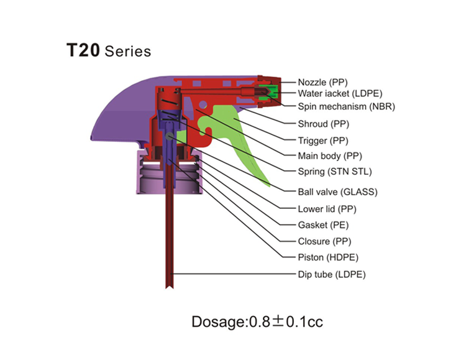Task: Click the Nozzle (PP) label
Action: (322, 82)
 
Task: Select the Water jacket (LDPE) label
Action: (340, 93)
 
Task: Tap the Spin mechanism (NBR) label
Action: (347, 106)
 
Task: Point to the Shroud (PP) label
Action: (323, 124)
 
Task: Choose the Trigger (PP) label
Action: (323, 141)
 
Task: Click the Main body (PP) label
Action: (330, 156)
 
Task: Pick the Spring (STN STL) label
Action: (335, 172)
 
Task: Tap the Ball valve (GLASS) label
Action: (337, 192)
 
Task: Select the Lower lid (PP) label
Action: (327, 209)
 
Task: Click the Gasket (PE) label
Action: (323, 225)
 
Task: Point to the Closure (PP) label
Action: (324, 241)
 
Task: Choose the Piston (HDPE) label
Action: (328, 257)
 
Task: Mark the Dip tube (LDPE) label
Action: (332, 274)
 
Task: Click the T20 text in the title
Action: (83, 50)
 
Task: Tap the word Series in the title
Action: (128, 51)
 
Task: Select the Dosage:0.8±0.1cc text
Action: (257, 321)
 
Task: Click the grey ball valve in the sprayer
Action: (170, 136)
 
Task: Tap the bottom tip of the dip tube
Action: (170, 287)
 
